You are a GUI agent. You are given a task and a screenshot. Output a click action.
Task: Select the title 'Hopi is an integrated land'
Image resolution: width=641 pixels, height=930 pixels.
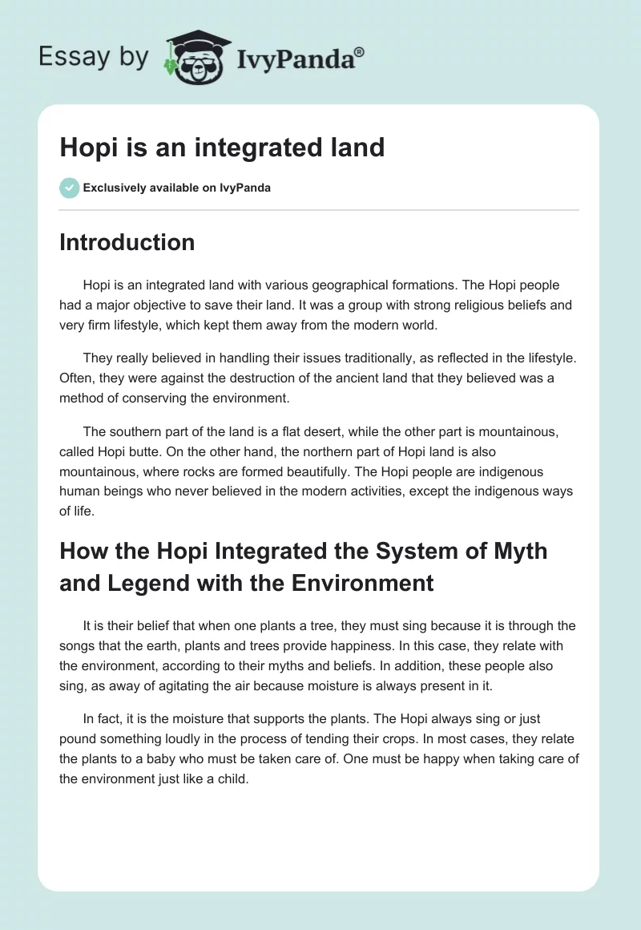point(222,148)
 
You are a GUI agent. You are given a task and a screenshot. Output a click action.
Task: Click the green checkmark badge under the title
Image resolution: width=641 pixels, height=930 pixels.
point(69,188)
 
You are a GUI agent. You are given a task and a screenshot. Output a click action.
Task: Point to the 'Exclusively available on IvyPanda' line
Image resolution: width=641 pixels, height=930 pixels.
point(176,188)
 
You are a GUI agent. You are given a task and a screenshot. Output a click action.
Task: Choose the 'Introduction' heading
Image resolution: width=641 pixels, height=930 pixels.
point(127,242)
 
